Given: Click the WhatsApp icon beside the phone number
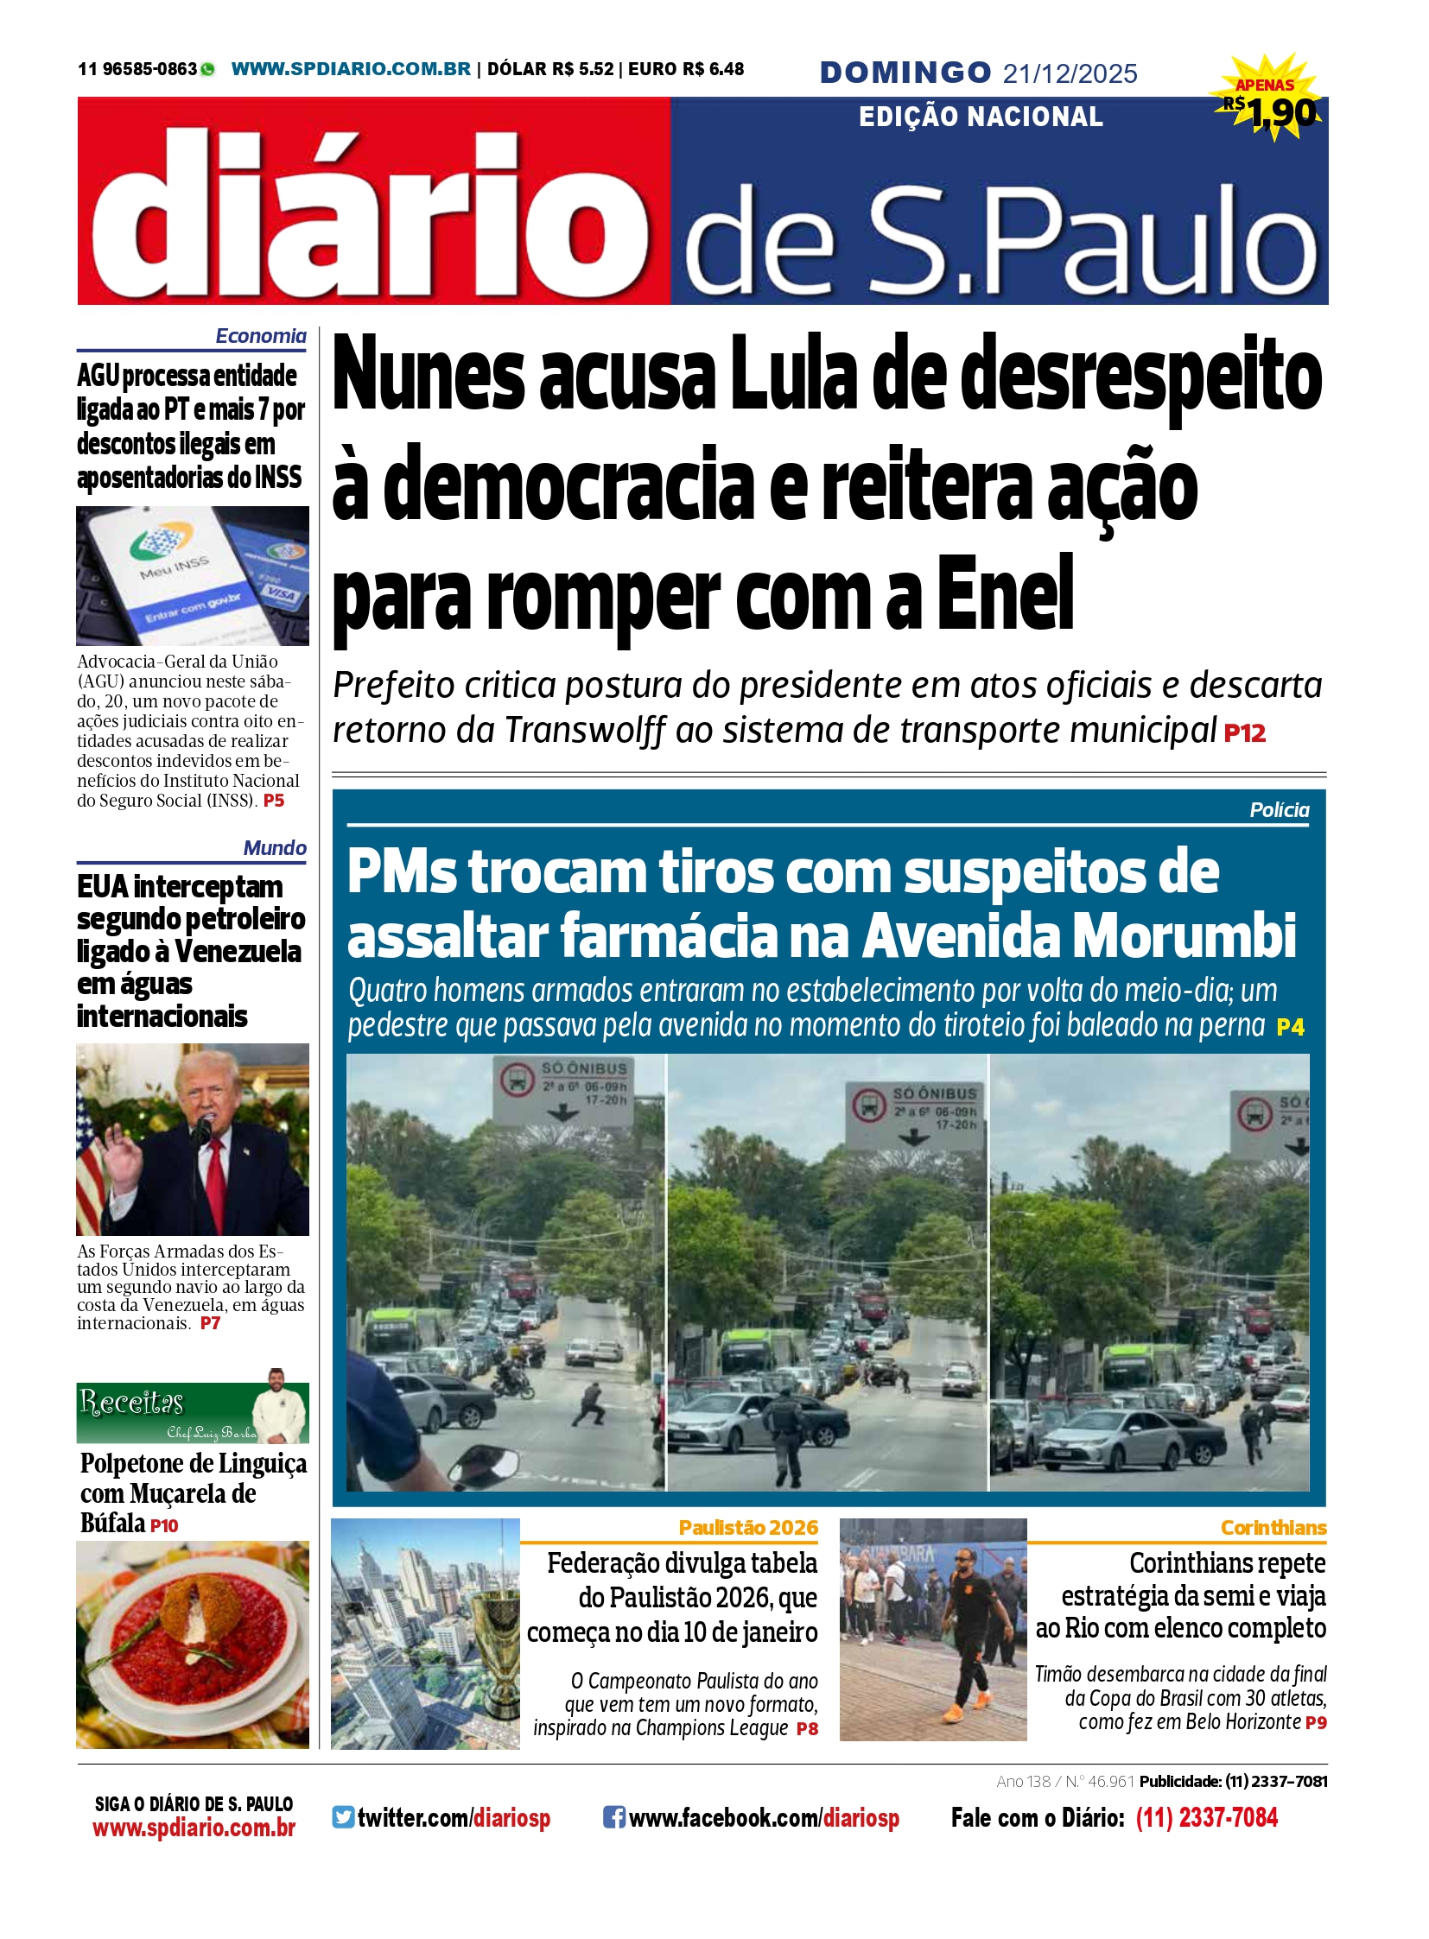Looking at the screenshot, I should [207, 69].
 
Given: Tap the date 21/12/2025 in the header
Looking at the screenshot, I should [1070, 74].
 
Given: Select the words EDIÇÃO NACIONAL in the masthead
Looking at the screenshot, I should [980, 117].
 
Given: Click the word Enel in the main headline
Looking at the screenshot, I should [1005, 596].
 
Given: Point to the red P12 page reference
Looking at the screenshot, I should [1245, 733].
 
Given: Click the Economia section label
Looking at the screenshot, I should [260, 337].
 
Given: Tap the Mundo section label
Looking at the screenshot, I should [274, 847].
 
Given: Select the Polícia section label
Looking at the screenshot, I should [1279, 810].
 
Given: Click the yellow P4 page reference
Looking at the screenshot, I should [1290, 1027].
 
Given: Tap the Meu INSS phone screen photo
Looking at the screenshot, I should [192, 575].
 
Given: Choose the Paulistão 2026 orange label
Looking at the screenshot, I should [747, 1527].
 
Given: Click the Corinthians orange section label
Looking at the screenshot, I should [1273, 1527].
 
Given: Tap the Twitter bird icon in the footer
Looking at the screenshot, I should [343, 1817].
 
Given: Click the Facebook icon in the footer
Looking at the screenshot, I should [613, 1817].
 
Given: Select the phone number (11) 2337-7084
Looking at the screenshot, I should [1206, 1817].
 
